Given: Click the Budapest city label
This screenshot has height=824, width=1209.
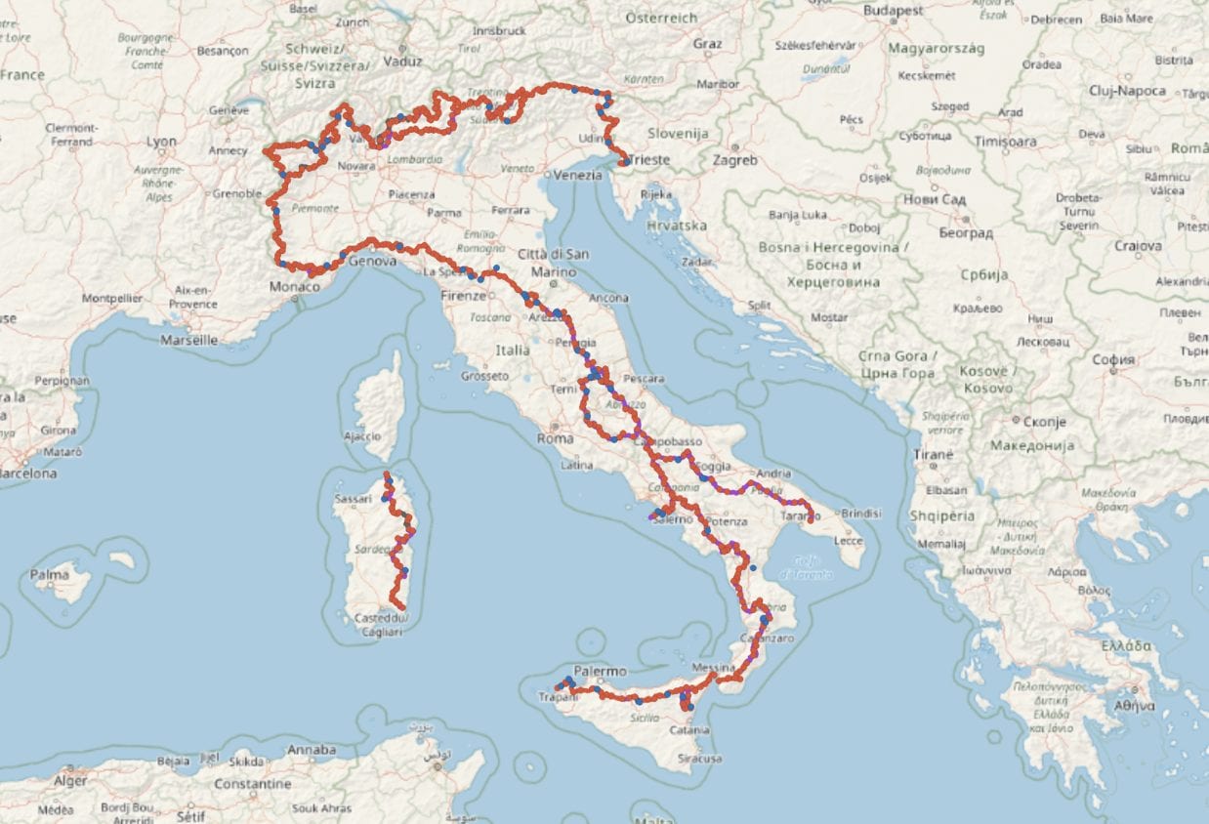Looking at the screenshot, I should point(893,11).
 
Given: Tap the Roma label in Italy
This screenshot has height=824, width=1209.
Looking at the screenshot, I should point(556,439).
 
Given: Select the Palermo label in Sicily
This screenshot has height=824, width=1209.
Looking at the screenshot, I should point(600,672).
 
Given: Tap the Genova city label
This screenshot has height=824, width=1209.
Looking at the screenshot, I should point(372,262).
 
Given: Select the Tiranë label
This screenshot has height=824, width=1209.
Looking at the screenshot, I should point(935,455).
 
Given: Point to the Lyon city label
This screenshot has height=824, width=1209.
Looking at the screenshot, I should point(161,142).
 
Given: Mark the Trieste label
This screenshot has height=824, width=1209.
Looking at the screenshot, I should point(649,159).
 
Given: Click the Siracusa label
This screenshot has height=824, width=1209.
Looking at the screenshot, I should point(701,758).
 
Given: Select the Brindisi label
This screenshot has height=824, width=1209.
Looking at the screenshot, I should point(860,513).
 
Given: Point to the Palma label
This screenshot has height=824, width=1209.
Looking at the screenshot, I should point(50,575).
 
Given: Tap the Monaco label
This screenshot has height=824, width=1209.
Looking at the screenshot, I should point(295,287).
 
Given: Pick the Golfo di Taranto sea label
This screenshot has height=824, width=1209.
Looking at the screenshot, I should point(806,565).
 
